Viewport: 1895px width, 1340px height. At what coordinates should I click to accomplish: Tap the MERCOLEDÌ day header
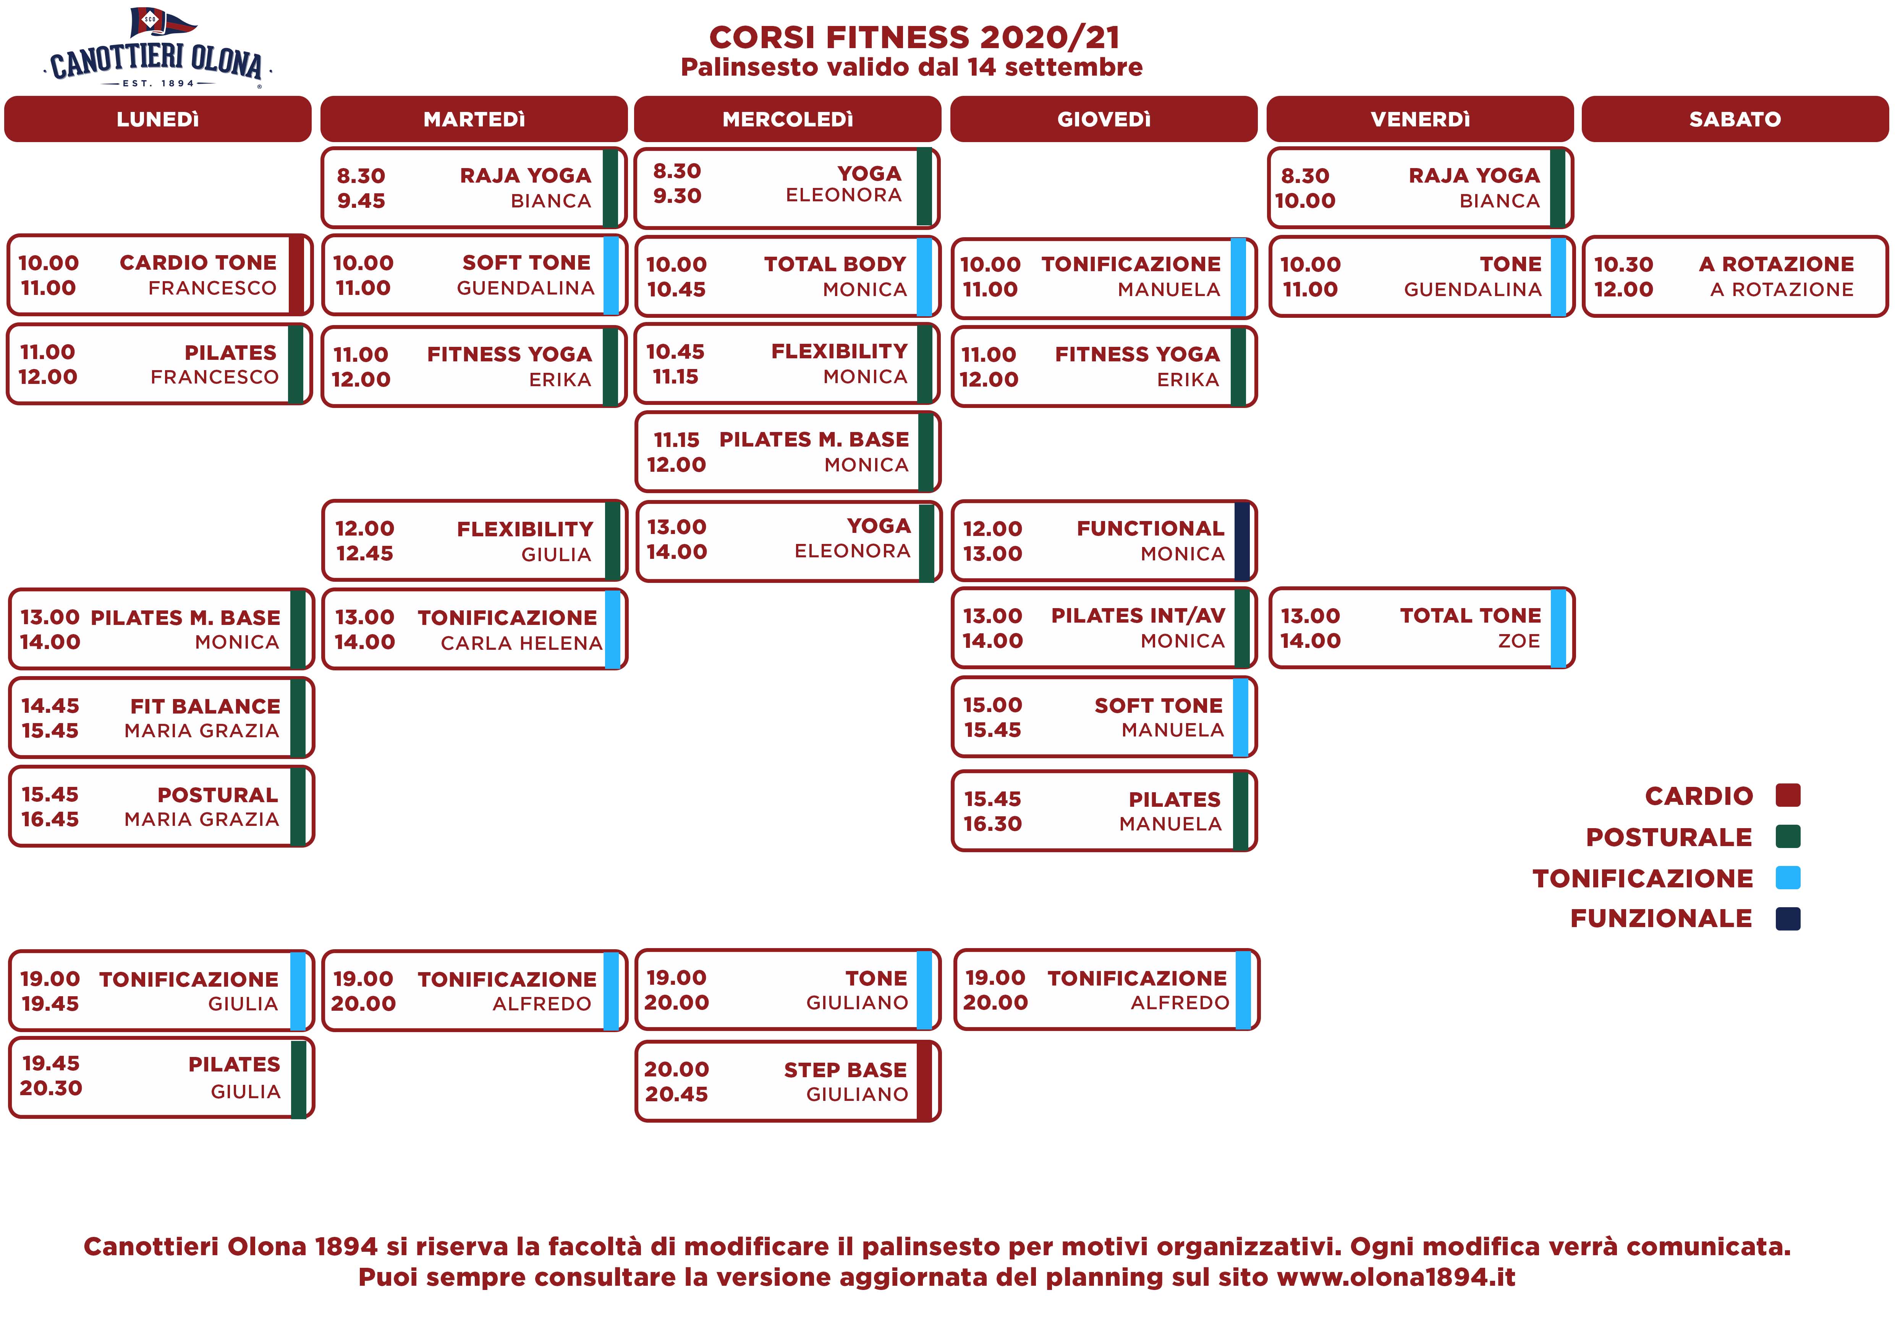787,119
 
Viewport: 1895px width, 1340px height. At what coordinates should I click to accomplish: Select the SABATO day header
1735,119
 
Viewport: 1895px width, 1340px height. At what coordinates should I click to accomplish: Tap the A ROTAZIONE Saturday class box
1735,277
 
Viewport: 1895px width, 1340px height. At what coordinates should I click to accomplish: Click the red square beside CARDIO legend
1788,795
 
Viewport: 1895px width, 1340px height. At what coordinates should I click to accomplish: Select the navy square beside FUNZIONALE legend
1788,918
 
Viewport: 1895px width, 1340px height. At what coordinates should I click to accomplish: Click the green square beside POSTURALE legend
1788,837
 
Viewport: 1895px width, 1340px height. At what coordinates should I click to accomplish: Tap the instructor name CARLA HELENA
522,643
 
